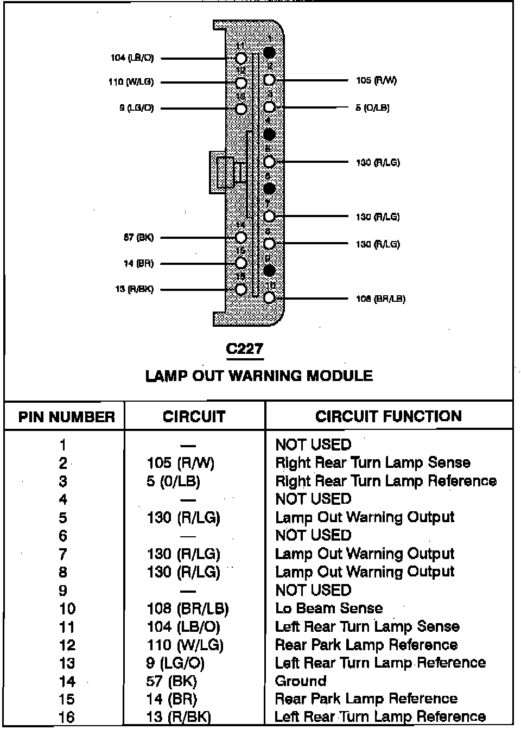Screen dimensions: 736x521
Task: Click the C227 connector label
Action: [x=244, y=348]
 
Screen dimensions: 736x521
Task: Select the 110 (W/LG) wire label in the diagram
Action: [x=131, y=82]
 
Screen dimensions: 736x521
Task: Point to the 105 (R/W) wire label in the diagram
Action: [x=376, y=80]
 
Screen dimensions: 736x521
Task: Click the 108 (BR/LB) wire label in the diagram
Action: [x=380, y=299]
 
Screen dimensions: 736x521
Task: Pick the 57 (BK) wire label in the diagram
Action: [x=138, y=237]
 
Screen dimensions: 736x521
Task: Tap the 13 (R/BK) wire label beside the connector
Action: [x=134, y=289]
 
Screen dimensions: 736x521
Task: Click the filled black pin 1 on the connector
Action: [x=269, y=53]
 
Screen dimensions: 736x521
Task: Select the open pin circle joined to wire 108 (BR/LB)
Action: [x=269, y=297]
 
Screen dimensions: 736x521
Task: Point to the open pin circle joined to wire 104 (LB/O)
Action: [x=241, y=58]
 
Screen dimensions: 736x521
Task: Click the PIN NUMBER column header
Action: [x=66, y=417]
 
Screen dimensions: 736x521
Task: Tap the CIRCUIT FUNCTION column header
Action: [x=389, y=416]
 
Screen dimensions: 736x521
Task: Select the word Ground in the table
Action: [x=301, y=681]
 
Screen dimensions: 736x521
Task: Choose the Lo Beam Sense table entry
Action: [x=329, y=608]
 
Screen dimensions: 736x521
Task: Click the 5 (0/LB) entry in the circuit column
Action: [x=173, y=481]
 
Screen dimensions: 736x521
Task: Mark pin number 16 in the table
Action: [x=66, y=717]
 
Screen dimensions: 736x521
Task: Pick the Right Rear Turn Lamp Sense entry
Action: [x=373, y=462]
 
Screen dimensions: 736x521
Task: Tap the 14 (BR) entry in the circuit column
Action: [x=171, y=699]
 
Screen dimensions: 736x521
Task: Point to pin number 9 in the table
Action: [x=63, y=590]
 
